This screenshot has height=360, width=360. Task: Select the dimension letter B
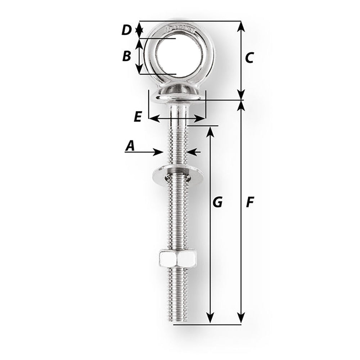pyautogui.click(x=126, y=56)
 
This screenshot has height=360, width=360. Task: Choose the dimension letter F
pyautogui.click(x=249, y=203)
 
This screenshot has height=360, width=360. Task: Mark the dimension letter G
pyautogui.click(x=217, y=202)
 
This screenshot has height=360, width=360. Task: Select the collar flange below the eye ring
pyautogui.click(x=177, y=95)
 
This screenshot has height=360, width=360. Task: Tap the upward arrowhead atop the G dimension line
pyautogui.click(x=211, y=132)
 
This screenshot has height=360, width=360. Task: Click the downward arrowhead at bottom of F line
pyautogui.click(x=241, y=318)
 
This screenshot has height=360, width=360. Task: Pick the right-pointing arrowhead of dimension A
pyautogui.click(x=158, y=152)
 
